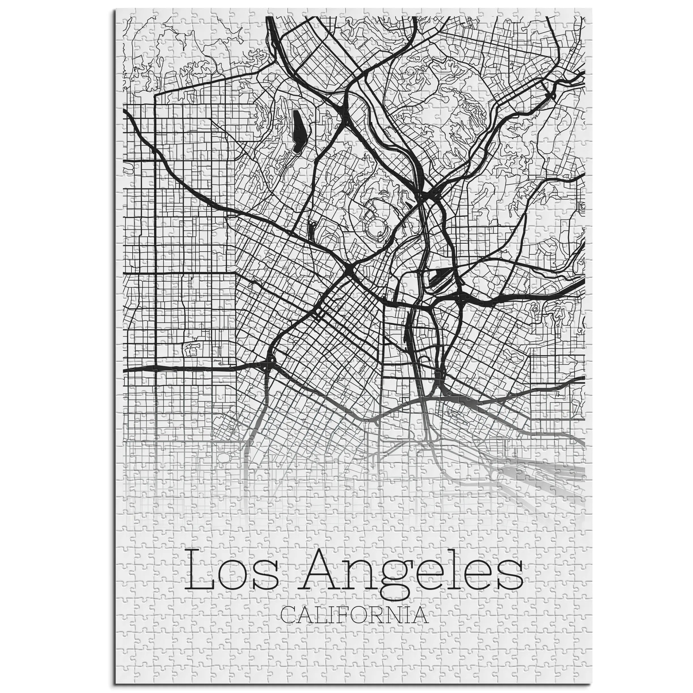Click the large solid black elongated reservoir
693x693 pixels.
298,132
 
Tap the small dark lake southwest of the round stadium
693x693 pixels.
311,229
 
